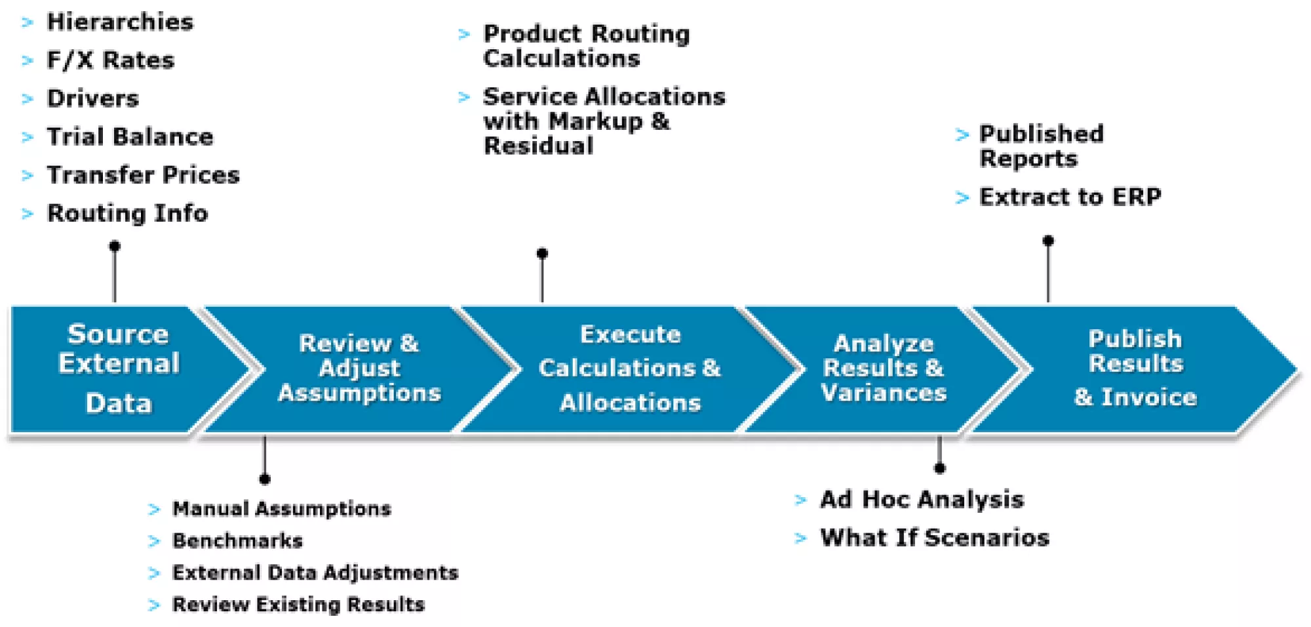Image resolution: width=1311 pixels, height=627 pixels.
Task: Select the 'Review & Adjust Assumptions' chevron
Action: (359, 369)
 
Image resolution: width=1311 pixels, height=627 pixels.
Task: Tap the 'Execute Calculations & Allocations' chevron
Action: (629, 369)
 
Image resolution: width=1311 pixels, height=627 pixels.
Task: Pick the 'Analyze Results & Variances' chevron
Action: (884, 369)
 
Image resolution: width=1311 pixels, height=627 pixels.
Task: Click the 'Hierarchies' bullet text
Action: (120, 22)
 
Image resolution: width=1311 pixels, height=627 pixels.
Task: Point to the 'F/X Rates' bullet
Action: (111, 60)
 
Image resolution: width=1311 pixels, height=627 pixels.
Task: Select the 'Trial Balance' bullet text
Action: (130, 136)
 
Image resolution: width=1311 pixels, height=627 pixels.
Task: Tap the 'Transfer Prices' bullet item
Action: (143, 175)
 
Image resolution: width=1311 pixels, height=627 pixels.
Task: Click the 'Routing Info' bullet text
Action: (128, 214)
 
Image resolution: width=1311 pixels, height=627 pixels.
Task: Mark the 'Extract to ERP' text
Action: (1070, 197)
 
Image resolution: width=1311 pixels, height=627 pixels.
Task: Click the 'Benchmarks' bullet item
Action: (237, 541)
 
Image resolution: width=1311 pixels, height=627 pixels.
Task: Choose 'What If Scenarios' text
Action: (935, 538)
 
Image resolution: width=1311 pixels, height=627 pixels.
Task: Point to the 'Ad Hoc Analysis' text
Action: (922, 500)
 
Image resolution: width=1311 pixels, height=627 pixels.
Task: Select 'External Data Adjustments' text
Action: (315, 573)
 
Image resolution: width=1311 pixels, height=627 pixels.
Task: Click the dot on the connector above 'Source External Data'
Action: (115, 247)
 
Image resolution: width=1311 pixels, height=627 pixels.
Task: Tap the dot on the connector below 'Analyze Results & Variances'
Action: (940, 468)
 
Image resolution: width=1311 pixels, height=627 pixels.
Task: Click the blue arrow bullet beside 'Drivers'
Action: (28, 99)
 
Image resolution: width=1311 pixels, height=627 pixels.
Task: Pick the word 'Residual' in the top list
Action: (539, 146)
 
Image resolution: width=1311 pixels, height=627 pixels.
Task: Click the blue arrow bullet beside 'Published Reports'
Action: (962, 135)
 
